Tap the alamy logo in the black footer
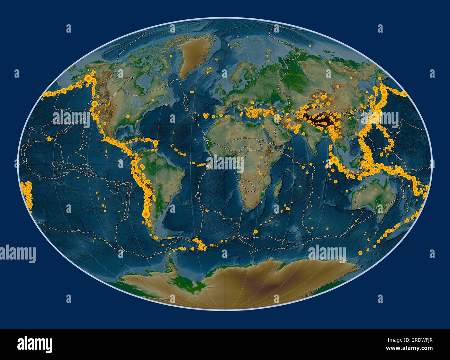tap(35, 344)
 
